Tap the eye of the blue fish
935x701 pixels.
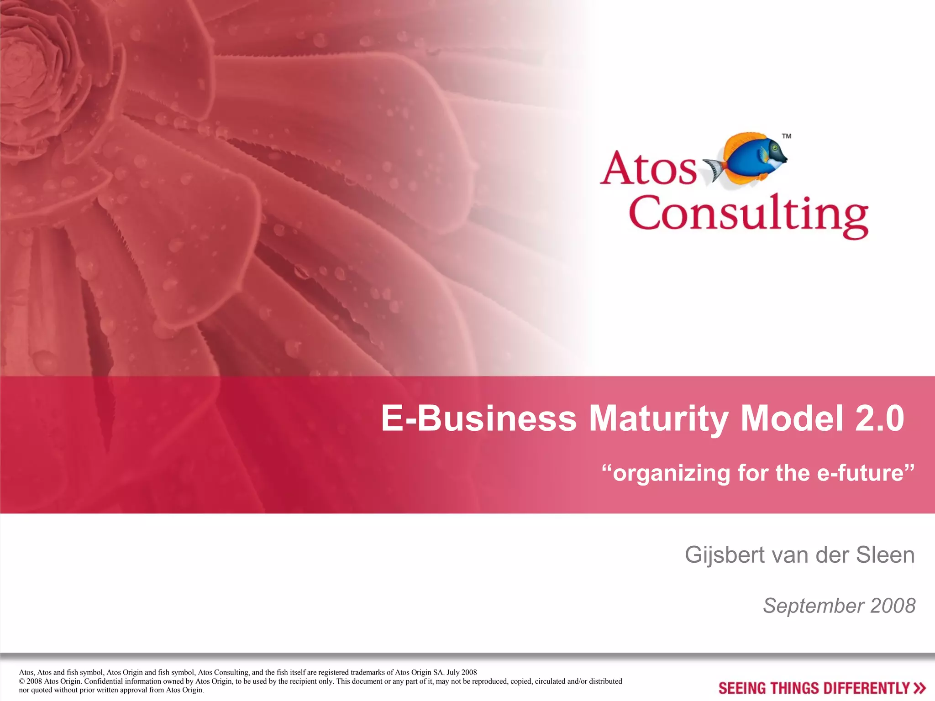[x=775, y=148]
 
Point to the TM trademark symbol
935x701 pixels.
[x=787, y=136]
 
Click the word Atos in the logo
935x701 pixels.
[x=648, y=169]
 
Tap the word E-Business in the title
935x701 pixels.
[x=479, y=419]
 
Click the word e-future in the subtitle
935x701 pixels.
[x=860, y=473]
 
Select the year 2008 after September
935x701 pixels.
[x=893, y=606]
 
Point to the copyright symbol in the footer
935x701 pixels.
[x=21, y=681]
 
